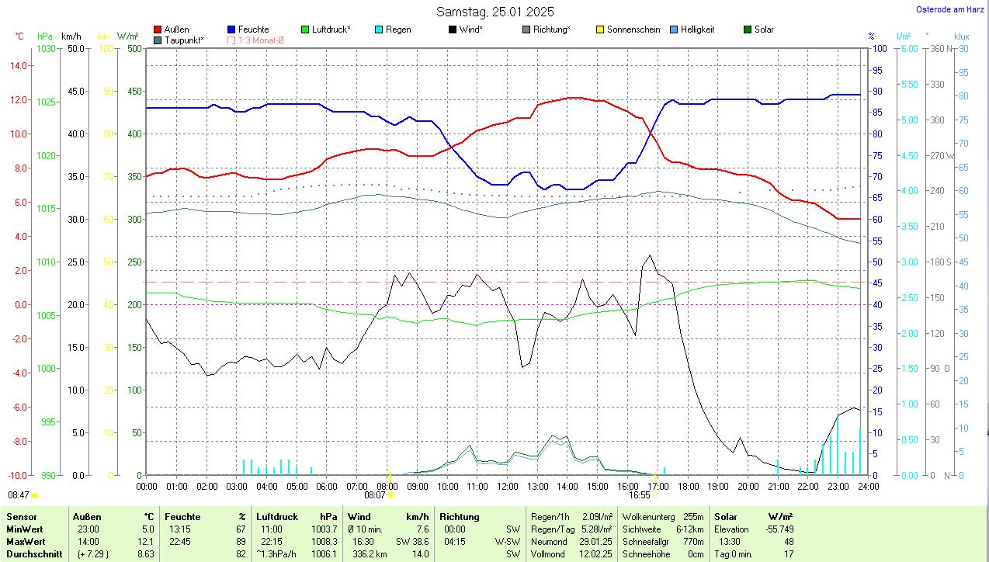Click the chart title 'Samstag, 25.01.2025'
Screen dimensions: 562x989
point(494,12)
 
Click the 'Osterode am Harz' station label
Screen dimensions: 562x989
point(951,9)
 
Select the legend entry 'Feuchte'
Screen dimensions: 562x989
point(253,29)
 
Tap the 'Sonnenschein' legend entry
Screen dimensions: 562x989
point(633,29)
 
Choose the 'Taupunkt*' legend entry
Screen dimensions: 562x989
point(183,40)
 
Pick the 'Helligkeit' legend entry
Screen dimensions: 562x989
point(697,29)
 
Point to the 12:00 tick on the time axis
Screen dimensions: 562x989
point(507,486)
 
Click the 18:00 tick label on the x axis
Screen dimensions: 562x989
point(688,486)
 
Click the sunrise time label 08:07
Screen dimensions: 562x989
point(374,494)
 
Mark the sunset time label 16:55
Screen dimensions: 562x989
point(639,494)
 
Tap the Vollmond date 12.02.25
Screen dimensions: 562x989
point(594,554)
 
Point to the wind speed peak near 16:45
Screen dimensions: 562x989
point(649,255)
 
